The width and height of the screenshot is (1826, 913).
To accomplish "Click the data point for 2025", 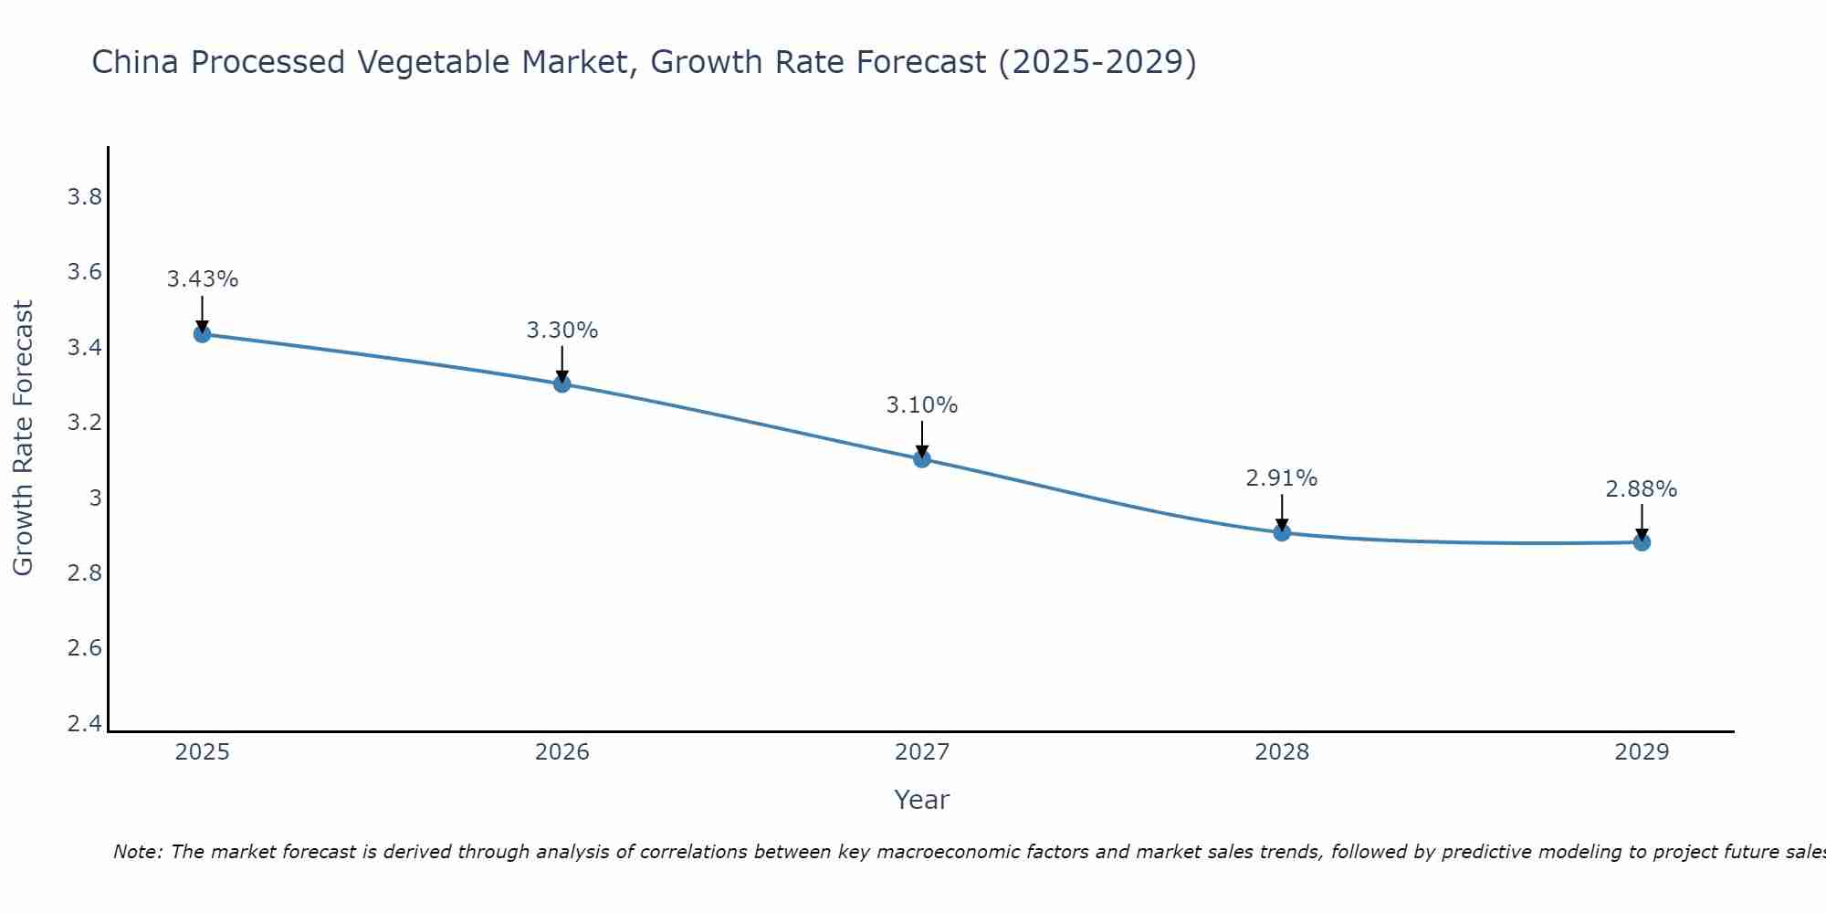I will click(203, 334).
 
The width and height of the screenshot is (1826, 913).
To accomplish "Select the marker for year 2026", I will click(562, 384).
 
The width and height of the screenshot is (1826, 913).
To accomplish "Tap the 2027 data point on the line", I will click(922, 459).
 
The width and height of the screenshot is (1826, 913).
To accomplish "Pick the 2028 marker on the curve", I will click(1282, 532).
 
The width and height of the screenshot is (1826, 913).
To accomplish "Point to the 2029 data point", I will click(1642, 542).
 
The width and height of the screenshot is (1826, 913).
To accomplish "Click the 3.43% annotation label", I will click(203, 279).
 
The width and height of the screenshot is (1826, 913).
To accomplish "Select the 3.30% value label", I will click(562, 331).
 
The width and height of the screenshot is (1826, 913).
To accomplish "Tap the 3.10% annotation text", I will click(922, 405).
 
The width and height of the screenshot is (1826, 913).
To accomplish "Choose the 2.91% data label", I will click(1282, 478).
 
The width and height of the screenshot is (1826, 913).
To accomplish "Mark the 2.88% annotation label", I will click(1642, 489).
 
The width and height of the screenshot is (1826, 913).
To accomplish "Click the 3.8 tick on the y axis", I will click(85, 197).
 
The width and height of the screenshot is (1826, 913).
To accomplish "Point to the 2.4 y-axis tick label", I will click(85, 724).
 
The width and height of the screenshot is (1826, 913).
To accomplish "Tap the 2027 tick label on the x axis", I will click(922, 752).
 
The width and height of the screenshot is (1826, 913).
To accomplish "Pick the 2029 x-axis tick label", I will click(1642, 752).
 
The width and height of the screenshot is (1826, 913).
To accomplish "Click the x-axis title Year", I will click(922, 800).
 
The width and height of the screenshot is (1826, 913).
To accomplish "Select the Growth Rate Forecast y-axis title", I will click(23, 438).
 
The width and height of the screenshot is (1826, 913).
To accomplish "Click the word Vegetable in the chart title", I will click(435, 63).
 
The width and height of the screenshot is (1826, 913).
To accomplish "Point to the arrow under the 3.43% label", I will click(203, 312).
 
